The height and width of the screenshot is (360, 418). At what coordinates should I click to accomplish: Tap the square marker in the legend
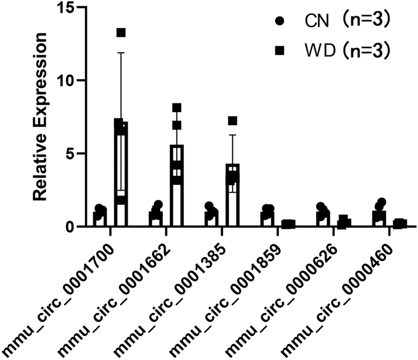pyautogui.click(x=280, y=51)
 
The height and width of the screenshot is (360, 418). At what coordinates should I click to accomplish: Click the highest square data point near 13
pyautogui.click(x=121, y=32)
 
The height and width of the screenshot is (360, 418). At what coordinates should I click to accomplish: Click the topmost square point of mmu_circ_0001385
pyautogui.click(x=232, y=120)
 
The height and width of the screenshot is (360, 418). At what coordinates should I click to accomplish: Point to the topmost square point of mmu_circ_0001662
pyautogui.click(x=177, y=108)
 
